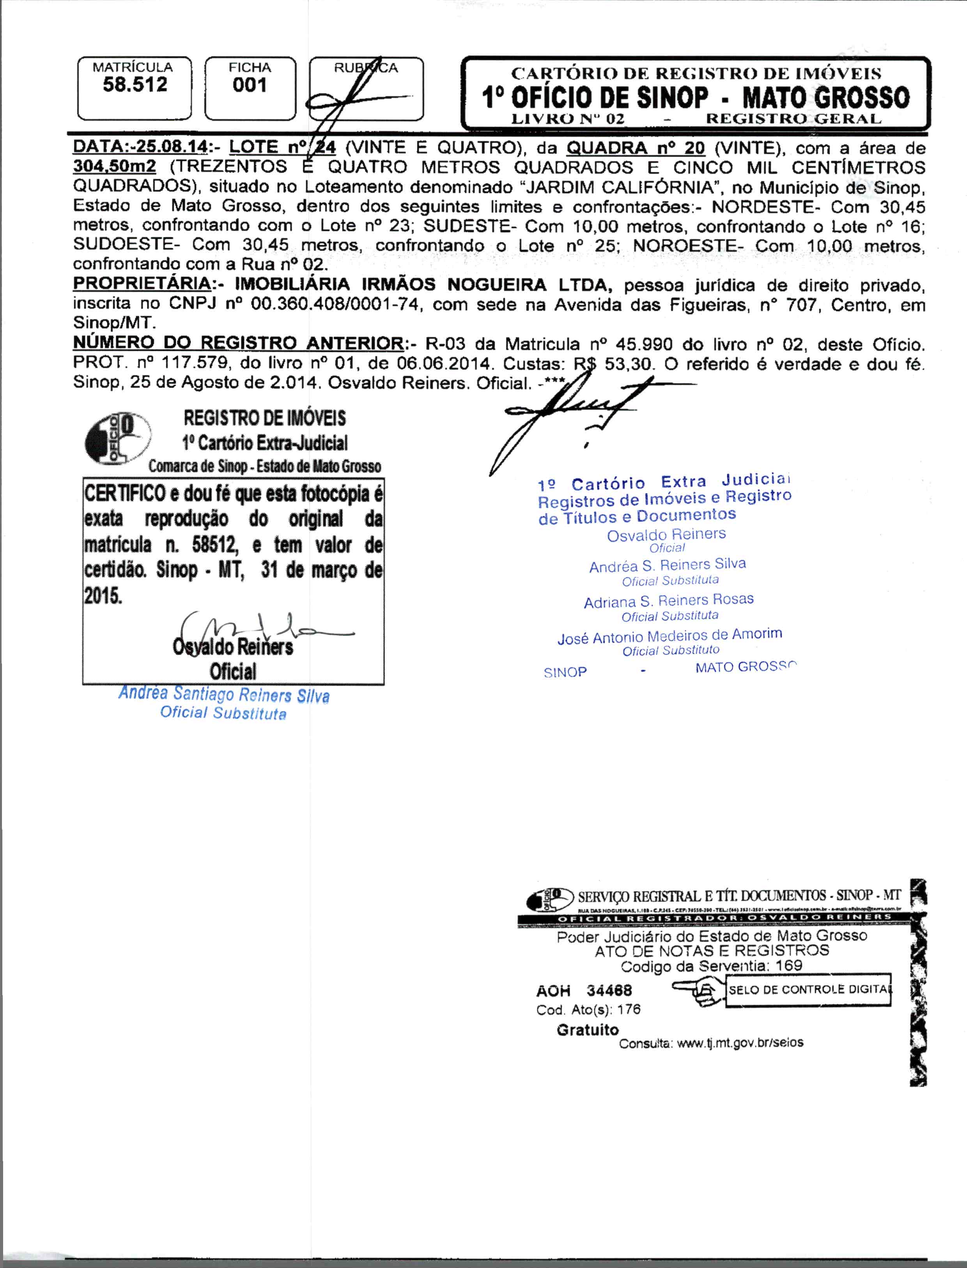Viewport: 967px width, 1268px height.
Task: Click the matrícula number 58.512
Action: coord(135,85)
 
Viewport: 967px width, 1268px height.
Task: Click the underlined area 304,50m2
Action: coord(115,167)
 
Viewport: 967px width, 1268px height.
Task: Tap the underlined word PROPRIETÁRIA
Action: coord(142,284)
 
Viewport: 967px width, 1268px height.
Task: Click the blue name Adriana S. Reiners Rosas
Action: coord(668,601)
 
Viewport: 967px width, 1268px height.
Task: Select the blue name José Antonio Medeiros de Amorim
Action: coord(669,636)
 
